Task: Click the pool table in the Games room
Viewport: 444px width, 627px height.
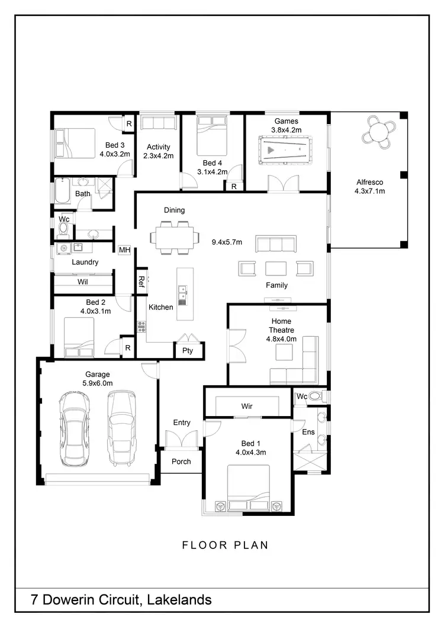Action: [284, 150]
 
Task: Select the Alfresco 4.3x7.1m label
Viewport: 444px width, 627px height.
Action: [369, 187]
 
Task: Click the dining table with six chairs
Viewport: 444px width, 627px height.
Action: [174, 237]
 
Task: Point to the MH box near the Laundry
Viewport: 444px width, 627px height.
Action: [124, 250]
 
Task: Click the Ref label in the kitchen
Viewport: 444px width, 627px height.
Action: [141, 280]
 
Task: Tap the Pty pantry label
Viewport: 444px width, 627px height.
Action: [188, 350]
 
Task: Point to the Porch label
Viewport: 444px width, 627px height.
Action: [181, 461]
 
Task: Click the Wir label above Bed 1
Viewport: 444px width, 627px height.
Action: [247, 407]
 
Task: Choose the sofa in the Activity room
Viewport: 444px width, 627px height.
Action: [159, 123]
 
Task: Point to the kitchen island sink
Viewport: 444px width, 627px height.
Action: [182, 292]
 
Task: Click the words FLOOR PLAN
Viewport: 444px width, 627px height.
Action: [225, 545]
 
